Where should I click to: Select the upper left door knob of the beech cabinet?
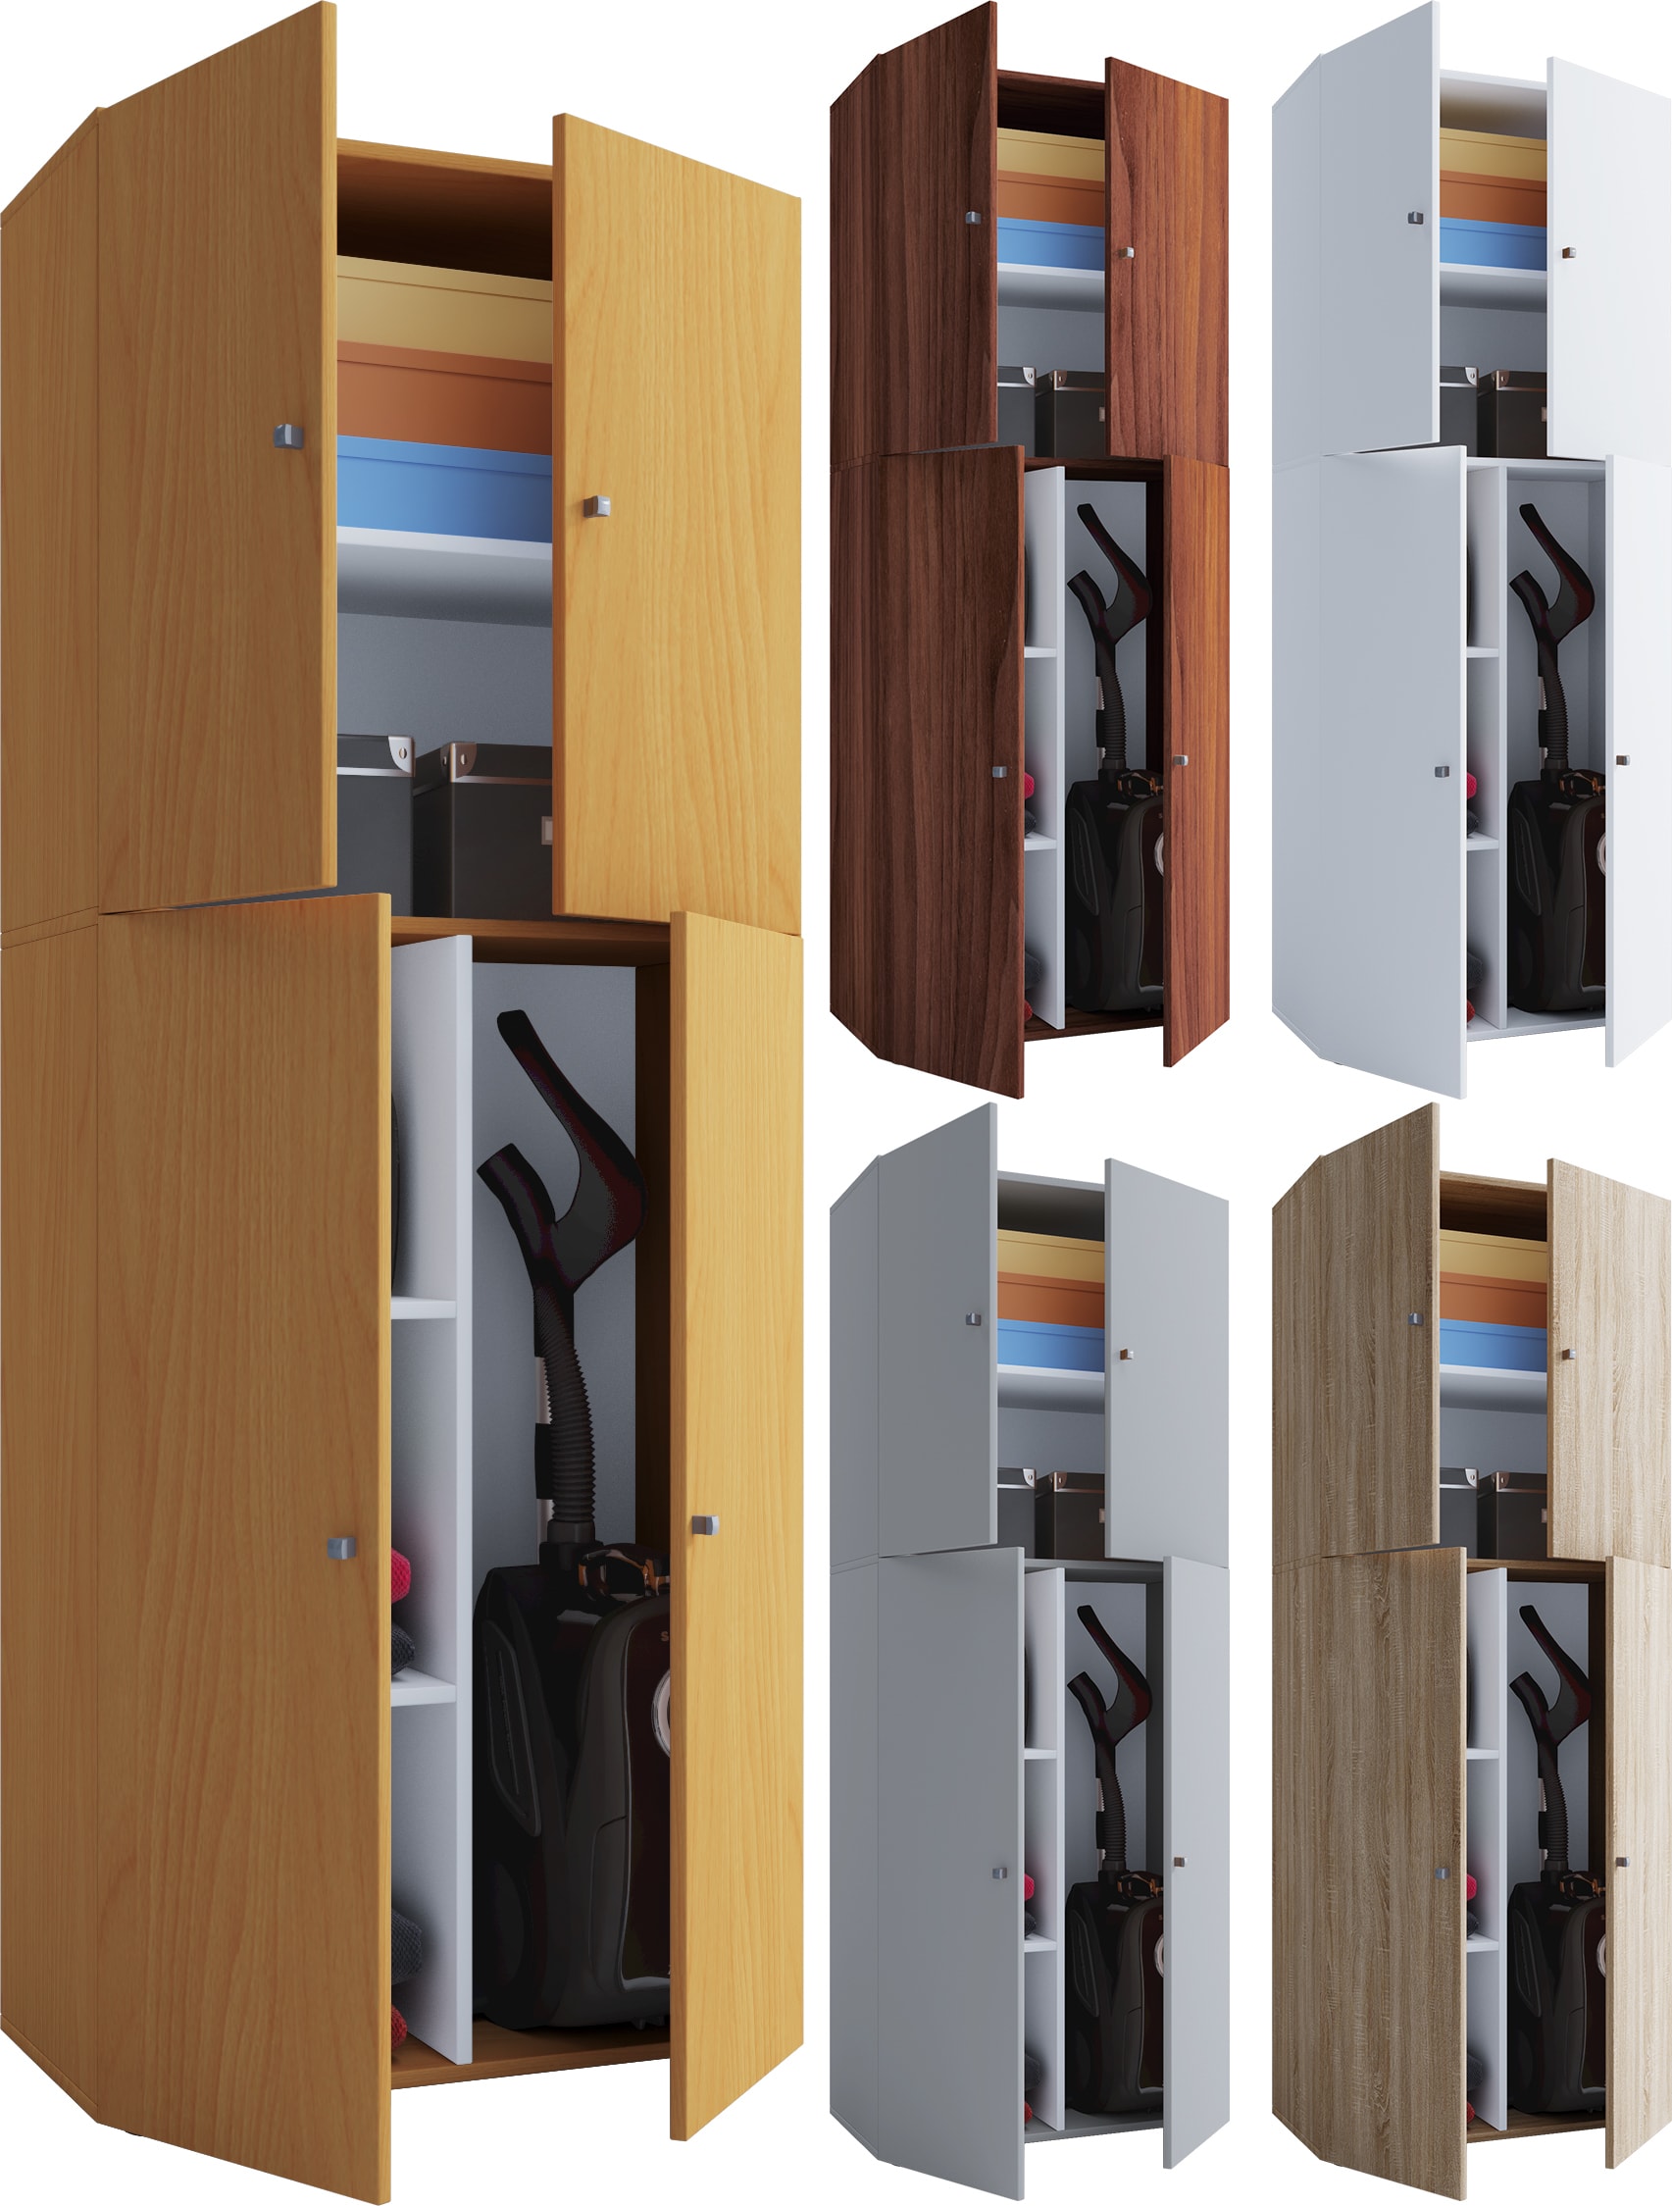[x=287, y=436]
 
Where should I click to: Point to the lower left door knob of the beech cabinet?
[x=341, y=1547]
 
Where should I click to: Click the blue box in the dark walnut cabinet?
[x=1051, y=244]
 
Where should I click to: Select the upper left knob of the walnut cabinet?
[x=973, y=217]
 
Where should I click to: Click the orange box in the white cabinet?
[x=1493, y=197]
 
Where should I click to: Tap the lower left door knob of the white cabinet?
[x=1442, y=772]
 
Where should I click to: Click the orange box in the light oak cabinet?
[x=1493, y=1298]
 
